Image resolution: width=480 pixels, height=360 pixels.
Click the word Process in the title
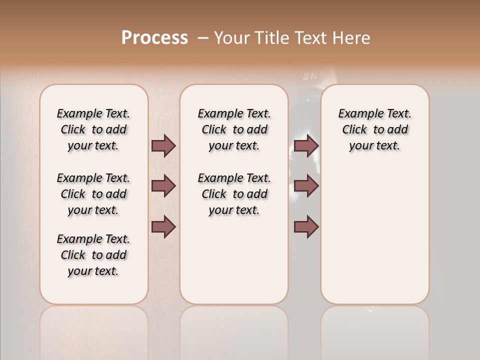[x=154, y=38]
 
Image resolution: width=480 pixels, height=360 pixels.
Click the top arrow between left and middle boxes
[x=163, y=145]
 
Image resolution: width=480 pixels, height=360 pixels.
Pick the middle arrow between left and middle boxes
[x=163, y=186]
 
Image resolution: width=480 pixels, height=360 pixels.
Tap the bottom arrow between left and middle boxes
[x=163, y=227]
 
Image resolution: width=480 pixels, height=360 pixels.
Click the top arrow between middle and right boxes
[x=306, y=145]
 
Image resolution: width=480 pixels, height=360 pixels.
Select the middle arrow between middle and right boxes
[x=306, y=186]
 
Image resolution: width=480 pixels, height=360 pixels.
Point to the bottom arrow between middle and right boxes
[x=306, y=227]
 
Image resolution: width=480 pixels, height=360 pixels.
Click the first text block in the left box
[x=93, y=129]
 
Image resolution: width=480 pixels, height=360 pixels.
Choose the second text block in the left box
[x=93, y=194]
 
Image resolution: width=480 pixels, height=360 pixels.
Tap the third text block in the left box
[x=93, y=255]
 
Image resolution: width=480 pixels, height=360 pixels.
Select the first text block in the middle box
[x=234, y=129]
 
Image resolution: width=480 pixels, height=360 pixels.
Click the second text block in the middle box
[x=234, y=194]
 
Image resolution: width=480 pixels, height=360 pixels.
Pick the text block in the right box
[x=375, y=129]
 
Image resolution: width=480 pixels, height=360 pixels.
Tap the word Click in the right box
[x=354, y=129]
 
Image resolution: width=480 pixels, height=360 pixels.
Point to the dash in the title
[x=203, y=38]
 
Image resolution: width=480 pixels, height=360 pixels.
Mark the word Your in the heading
[x=232, y=38]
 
